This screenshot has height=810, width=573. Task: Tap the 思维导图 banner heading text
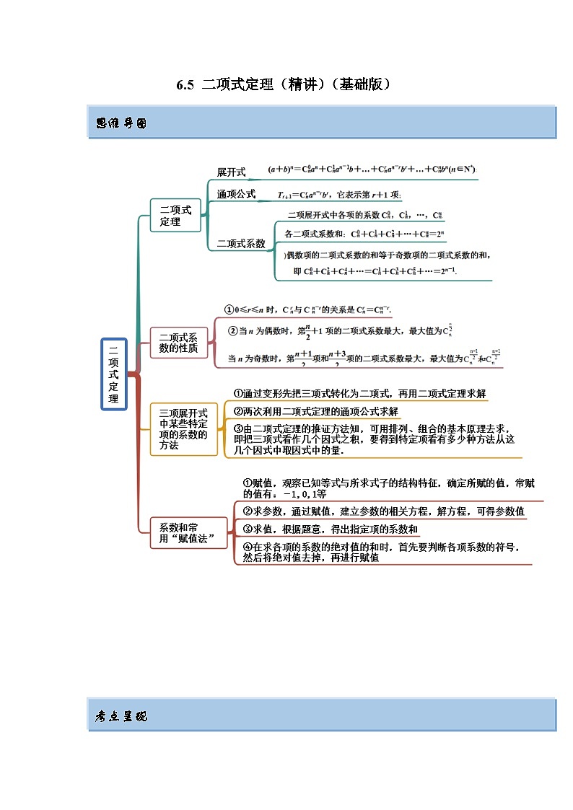(121, 123)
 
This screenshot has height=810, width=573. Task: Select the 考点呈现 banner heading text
(121, 716)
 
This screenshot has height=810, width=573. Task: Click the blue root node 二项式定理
(114, 374)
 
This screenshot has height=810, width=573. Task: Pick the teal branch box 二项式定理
(175, 216)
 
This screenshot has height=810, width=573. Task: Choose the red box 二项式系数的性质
(178, 342)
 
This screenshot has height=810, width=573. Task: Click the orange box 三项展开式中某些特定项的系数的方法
(183, 429)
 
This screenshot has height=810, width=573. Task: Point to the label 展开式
(231, 172)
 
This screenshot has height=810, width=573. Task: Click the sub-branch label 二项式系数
(241, 244)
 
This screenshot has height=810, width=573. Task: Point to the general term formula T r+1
(340, 195)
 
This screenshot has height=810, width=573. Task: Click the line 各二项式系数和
(365, 234)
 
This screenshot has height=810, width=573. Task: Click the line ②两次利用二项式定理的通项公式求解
(316, 412)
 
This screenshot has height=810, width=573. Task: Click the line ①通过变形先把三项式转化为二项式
(359, 394)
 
